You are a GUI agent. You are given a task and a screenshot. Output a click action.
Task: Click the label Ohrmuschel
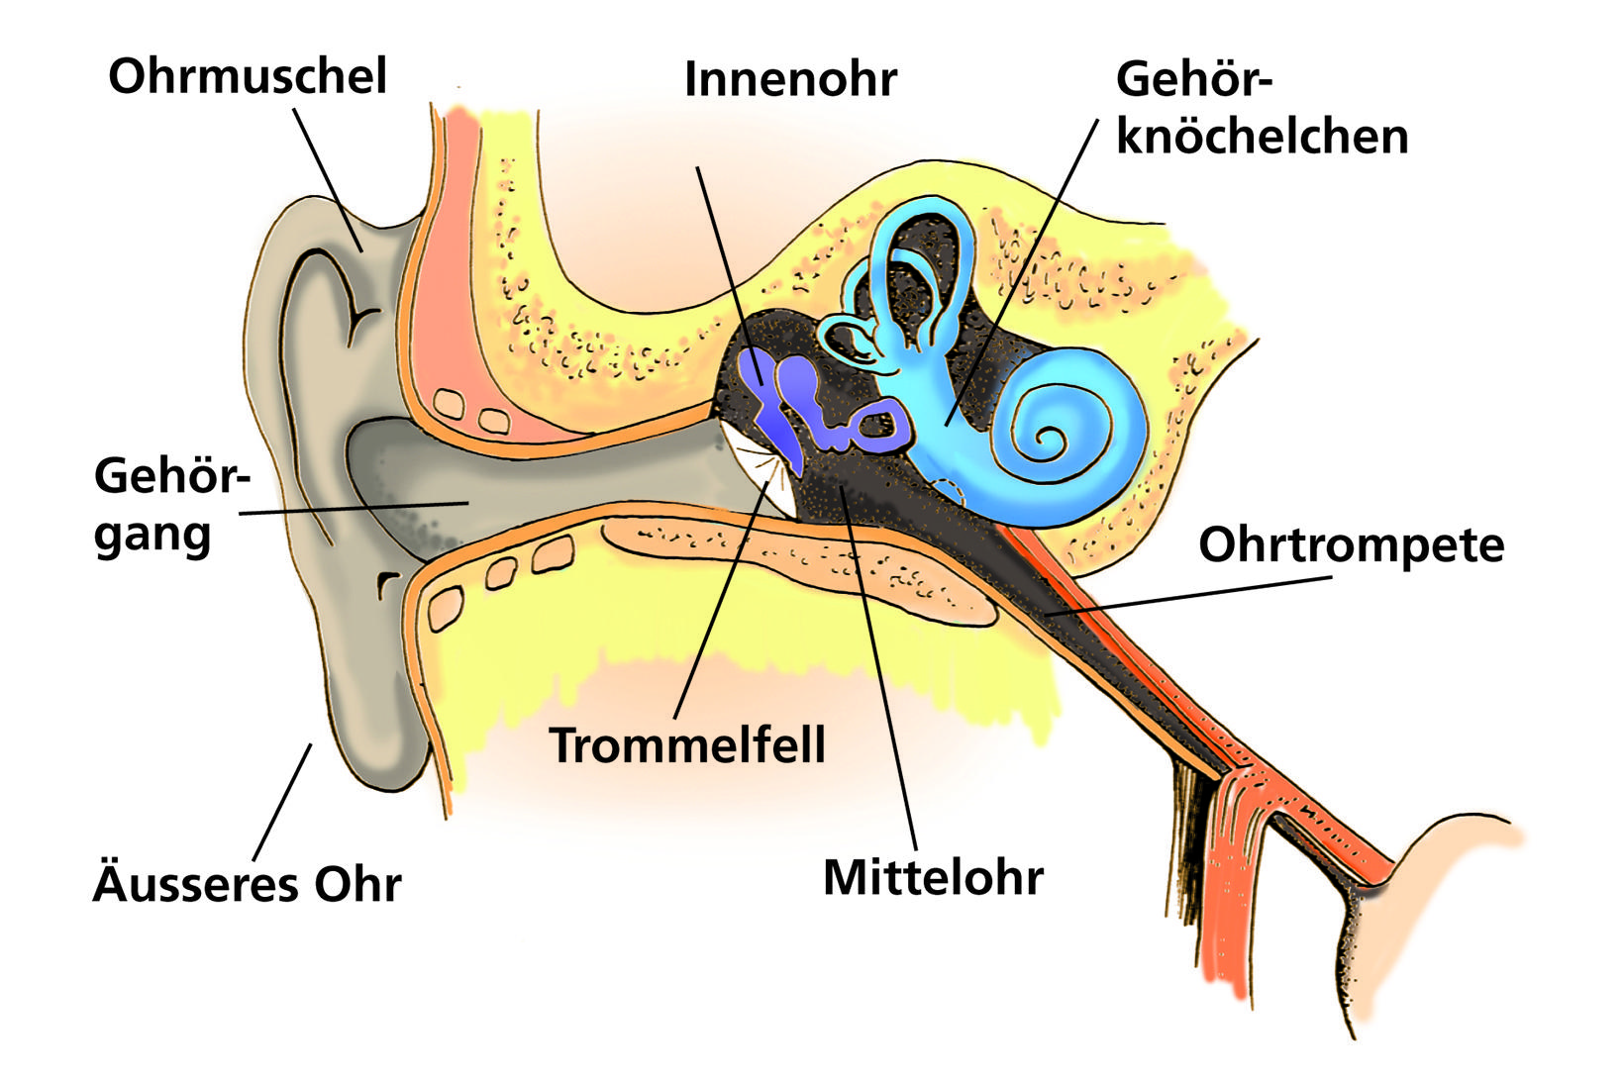coord(247,77)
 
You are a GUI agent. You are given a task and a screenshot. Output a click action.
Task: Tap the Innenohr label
coord(790,80)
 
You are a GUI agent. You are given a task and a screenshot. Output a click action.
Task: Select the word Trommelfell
coord(687,744)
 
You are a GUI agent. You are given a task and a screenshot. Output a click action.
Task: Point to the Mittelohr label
coord(933,877)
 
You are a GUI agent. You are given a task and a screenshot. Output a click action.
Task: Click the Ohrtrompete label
coord(1351,545)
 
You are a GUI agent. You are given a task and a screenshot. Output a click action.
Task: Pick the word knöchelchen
coord(1262,137)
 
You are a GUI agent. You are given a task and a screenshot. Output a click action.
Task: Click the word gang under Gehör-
coord(152,536)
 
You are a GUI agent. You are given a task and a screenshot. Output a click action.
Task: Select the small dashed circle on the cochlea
coord(948,489)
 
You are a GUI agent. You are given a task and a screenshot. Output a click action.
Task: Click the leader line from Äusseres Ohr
coord(282,802)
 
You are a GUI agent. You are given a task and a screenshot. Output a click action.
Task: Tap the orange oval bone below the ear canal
coord(792,564)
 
